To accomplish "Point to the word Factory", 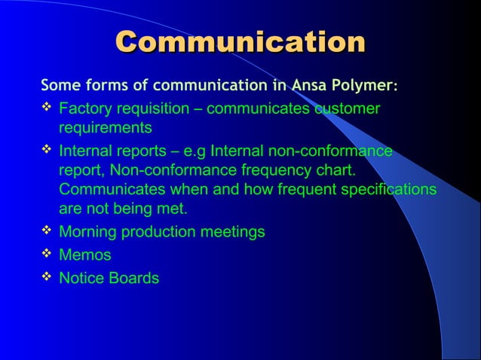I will [x=83, y=109].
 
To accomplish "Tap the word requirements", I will [x=105, y=127].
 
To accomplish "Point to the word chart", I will [x=336, y=169].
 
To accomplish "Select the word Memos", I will [x=84, y=255].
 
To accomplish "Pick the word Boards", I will [x=133, y=279].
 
